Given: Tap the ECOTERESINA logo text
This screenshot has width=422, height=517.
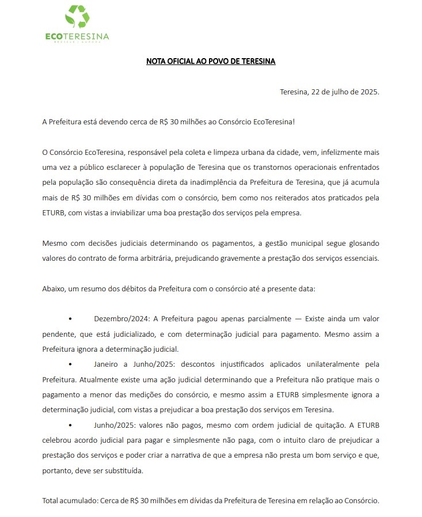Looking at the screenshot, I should point(77,37).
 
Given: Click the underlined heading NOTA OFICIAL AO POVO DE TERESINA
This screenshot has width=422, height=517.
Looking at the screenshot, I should point(211,61).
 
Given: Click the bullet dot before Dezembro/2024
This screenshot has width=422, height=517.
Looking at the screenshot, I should point(70,318).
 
